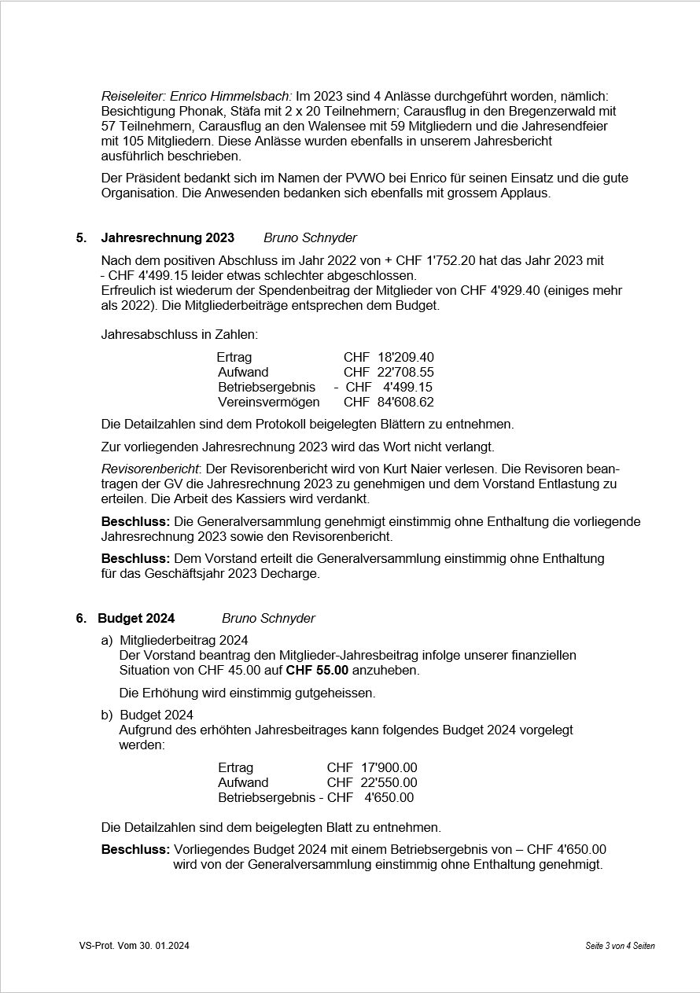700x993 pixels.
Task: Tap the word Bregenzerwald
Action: [x=562, y=111]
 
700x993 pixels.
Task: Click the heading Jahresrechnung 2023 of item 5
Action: [x=168, y=238]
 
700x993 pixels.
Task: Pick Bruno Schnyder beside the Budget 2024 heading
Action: [x=268, y=619]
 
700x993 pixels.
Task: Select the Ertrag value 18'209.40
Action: [x=405, y=358]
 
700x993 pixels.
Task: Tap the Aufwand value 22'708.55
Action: [x=405, y=373]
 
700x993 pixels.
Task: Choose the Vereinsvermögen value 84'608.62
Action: [x=405, y=403]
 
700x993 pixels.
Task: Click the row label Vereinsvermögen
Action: [x=269, y=403]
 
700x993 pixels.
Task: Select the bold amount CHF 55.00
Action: [x=317, y=671]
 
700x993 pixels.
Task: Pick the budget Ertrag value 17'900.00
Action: [x=389, y=767]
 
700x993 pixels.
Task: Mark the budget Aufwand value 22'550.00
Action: [x=389, y=782]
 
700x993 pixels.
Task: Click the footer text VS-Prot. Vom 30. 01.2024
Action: [x=134, y=946]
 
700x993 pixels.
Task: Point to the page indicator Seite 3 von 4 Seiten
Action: [x=620, y=946]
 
